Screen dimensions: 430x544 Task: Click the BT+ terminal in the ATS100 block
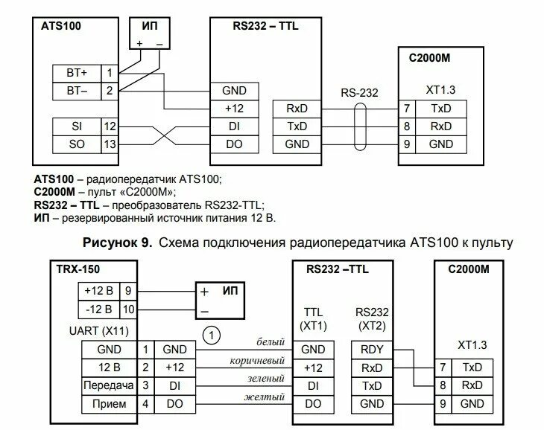click(77, 74)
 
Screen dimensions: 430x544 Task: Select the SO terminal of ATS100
click(77, 144)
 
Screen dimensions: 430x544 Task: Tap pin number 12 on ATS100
click(110, 126)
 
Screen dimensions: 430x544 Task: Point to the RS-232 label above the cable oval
click(360, 94)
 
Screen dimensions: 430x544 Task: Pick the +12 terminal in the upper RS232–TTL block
click(235, 109)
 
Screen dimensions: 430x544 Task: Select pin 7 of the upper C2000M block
click(406, 109)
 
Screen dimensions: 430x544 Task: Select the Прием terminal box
click(104, 404)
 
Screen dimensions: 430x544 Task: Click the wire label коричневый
click(258, 361)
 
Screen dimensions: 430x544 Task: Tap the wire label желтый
click(265, 397)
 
